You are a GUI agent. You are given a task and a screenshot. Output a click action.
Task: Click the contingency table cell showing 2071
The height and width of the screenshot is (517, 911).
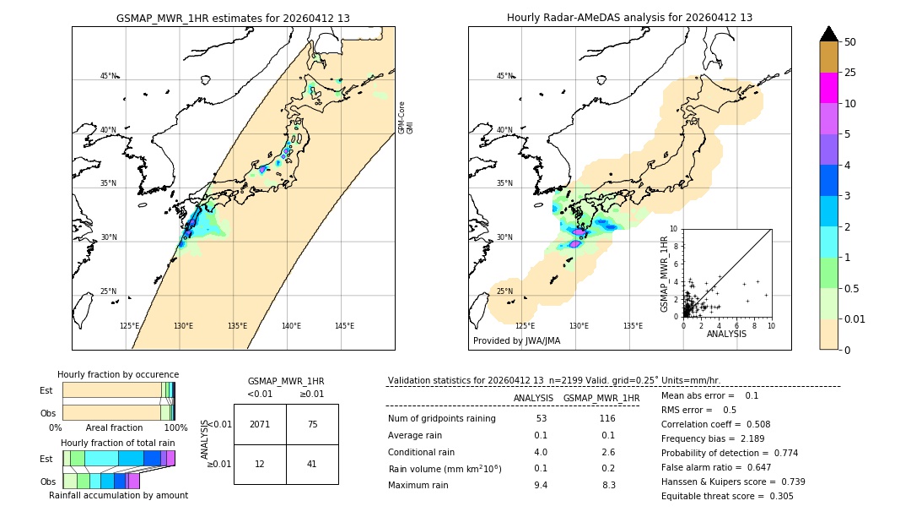point(260,424)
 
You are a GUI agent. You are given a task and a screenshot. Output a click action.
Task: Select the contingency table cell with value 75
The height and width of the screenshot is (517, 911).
point(312,424)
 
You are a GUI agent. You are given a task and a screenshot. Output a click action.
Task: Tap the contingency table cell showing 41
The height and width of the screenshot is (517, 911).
point(312,464)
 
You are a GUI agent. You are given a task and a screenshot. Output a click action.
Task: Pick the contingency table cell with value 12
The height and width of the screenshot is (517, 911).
point(260,464)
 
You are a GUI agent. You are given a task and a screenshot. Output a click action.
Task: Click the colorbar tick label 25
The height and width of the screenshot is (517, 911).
point(851,73)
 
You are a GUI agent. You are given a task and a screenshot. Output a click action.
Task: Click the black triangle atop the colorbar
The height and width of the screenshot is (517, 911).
point(829,34)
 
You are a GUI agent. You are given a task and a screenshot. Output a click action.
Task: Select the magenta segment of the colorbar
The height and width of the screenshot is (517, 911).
point(829,88)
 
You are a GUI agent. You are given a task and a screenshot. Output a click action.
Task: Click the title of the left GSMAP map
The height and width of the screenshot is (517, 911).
point(233,18)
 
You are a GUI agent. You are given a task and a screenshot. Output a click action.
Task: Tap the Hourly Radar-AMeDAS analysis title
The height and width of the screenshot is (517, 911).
point(629,18)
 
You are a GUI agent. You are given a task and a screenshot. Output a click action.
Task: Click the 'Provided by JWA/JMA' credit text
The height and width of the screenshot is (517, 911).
point(516,340)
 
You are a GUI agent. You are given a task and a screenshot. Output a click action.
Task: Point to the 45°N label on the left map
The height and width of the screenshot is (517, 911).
point(108,76)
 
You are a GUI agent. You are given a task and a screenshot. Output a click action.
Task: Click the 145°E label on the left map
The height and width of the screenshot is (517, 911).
point(344,326)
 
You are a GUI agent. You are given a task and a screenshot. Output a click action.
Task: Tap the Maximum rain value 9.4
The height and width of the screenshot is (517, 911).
point(541,485)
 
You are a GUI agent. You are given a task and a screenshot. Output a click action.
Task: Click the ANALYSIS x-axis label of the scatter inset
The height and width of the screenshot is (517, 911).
point(726,334)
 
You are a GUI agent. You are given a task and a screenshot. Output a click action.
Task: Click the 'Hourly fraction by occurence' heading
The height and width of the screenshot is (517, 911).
point(118,374)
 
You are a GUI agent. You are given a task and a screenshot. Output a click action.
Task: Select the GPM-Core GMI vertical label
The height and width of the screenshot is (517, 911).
point(406,117)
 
